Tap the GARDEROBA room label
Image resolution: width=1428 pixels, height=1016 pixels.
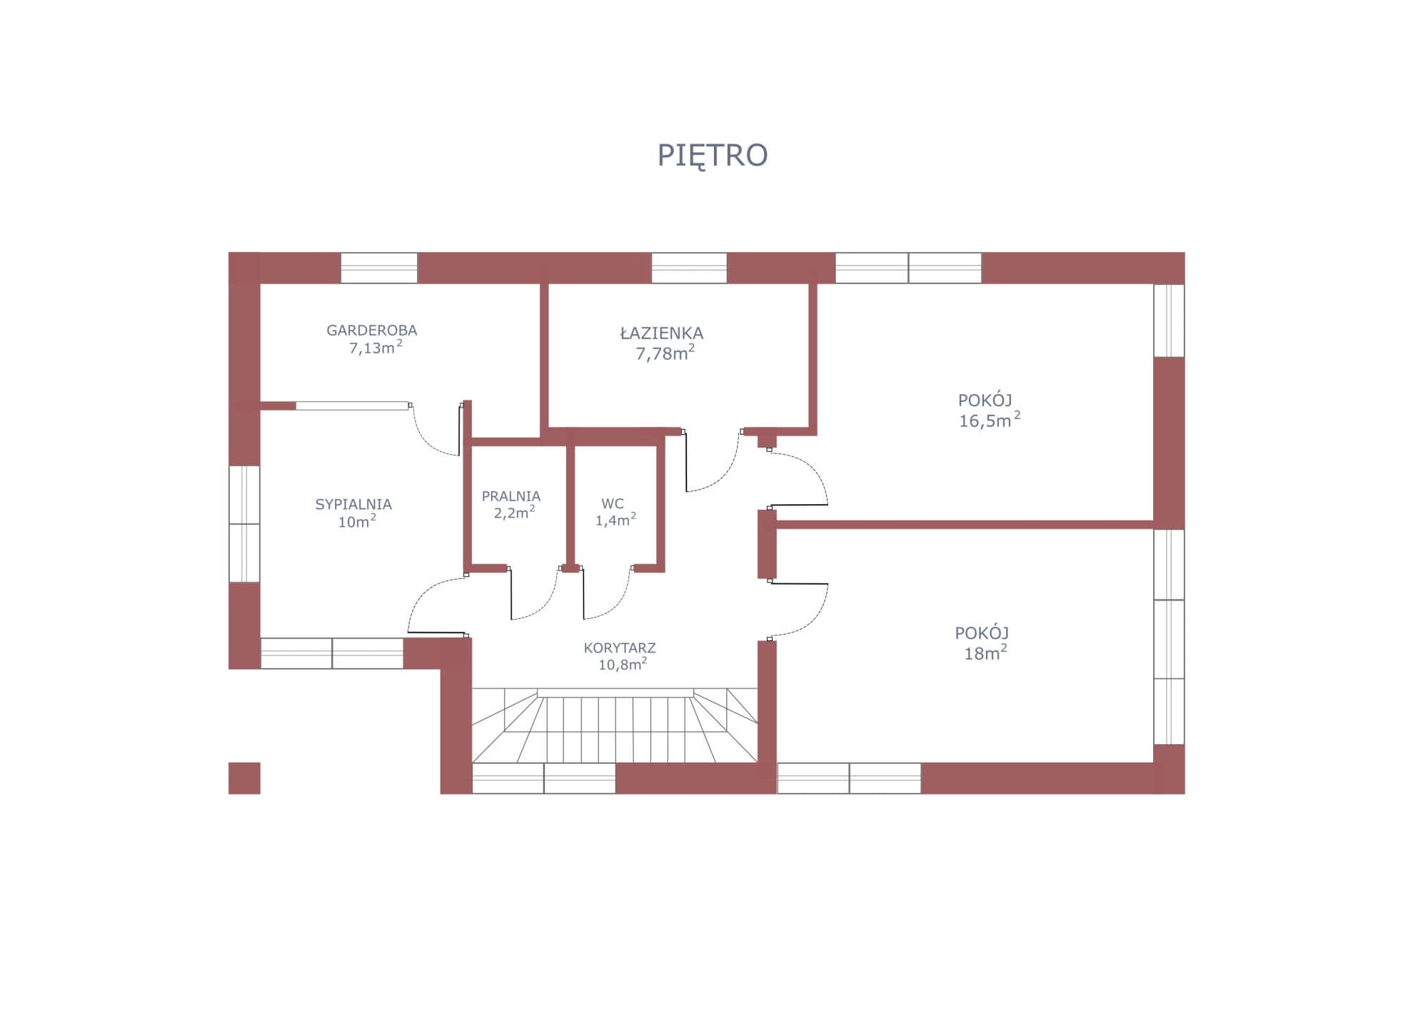(x=371, y=331)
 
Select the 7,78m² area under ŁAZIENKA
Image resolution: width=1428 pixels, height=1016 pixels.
(x=665, y=353)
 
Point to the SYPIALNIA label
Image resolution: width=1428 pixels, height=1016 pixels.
(x=353, y=504)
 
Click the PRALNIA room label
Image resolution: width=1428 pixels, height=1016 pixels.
(x=511, y=496)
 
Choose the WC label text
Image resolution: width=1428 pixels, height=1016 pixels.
(x=613, y=503)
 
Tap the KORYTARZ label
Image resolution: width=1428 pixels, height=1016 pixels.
(x=620, y=648)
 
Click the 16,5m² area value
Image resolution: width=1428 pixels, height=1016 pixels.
(x=990, y=420)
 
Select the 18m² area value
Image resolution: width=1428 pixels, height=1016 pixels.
(x=985, y=652)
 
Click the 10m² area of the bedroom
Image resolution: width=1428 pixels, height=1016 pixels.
(x=357, y=521)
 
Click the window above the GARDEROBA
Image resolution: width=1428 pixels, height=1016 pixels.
(x=379, y=268)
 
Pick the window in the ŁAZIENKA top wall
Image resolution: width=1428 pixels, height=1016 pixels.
(x=689, y=268)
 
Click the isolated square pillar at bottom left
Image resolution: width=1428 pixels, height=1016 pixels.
(x=244, y=778)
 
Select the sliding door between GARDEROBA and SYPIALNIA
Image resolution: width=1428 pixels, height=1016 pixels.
(x=353, y=406)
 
